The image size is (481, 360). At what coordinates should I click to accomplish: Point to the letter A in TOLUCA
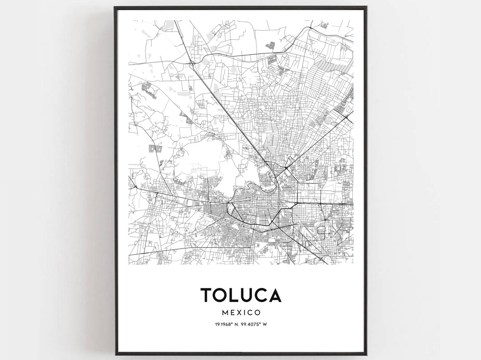[x=274, y=295]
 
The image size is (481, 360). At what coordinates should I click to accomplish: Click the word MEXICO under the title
[x=241, y=313]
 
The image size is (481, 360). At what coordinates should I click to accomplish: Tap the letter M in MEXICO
[x=225, y=313]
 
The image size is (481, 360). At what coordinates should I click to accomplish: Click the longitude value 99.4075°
[x=250, y=325]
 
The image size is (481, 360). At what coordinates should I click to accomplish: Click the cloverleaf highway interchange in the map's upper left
[x=192, y=64]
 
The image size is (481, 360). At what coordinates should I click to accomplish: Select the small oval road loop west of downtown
[x=230, y=207]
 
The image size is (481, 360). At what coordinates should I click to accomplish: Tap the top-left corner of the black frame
[x=115, y=7]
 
